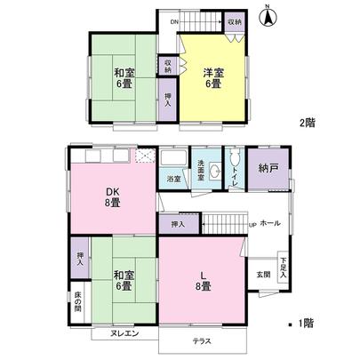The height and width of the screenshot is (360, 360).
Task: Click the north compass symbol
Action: (x=270, y=15)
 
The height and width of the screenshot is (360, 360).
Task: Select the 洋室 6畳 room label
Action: (x=212, y=77)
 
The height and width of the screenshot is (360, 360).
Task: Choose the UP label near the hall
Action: (x=252, y=225)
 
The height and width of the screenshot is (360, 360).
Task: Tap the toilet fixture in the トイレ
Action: (x=234, y=160)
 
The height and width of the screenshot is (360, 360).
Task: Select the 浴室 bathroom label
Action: (x=173, y=180)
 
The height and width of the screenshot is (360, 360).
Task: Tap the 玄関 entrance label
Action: (x=264, y=274)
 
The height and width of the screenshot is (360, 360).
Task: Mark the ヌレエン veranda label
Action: (x=124, y=334)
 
